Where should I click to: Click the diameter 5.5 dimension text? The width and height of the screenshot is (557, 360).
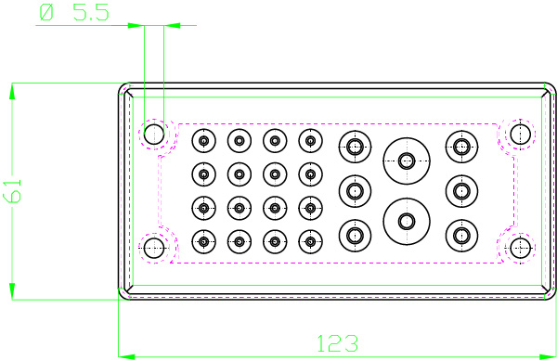pyautogui.click(x=74, y=13)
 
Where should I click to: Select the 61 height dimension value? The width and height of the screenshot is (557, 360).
pyautogui.click(x=12, y=191)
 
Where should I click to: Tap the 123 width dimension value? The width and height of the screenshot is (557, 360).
pyautogui.click(x=338, y=343)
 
